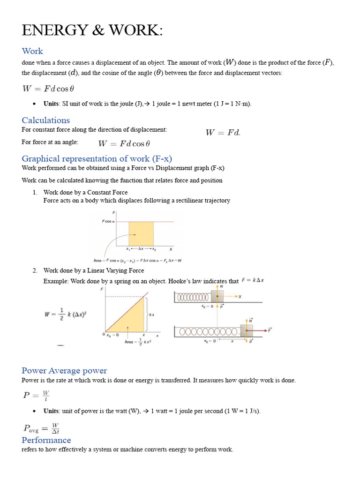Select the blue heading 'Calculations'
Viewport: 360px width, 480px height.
[x=45, y=120]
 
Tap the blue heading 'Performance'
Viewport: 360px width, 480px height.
[x=46, y=440]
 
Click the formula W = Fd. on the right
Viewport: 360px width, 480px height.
[x=223, y=133]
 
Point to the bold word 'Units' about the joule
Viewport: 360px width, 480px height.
[x=51, y=104]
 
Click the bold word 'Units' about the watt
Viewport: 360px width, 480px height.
[x=51, y=411]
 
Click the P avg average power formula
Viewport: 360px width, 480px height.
[x=41, y=427]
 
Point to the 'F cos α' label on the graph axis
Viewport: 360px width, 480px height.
[x=108, y=221]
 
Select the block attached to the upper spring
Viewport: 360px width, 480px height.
[x=217, y=297]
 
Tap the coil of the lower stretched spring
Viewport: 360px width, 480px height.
[x=206, y=331]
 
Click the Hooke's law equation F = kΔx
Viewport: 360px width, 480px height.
[x=253, y=280]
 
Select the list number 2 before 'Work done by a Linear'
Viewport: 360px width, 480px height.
[x=35, y=270]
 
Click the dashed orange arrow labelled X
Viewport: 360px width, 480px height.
[x=232, y=297]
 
